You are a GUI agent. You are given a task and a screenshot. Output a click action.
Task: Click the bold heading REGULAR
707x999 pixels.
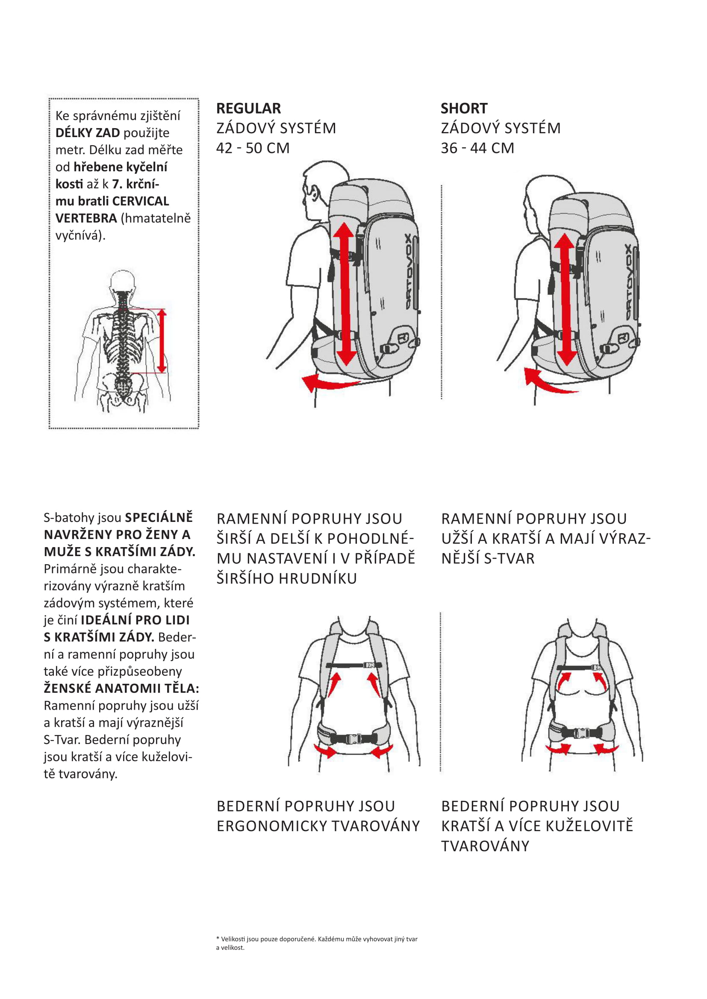(x=249, y=108)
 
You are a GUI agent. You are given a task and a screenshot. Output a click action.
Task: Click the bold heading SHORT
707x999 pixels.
(x=464, y=108)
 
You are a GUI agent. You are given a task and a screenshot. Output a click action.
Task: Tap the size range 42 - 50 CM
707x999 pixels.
(x=253, y=148)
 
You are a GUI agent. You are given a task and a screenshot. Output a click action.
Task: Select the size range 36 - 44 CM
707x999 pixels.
(x=477, y=148)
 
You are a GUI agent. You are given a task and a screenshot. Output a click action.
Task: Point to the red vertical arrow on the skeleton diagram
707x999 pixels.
(x=162, y=341)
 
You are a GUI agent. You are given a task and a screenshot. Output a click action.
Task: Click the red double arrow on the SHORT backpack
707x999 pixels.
(x=566, y=299)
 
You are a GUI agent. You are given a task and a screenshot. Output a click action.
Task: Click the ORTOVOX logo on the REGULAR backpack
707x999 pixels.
(x=409, y=272)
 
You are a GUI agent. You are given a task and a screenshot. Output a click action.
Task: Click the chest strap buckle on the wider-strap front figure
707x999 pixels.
(x=368, y=665)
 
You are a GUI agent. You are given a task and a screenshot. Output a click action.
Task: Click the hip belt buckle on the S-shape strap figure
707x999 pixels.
(x=582, y=734)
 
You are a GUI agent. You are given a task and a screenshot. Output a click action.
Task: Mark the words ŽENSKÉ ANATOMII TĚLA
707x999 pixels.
(x=121, y=688)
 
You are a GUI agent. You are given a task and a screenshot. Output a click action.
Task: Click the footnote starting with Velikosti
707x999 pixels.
(x=316, y=943)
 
